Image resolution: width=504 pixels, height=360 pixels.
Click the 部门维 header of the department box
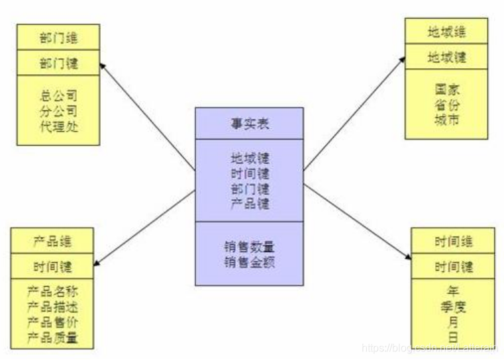tap(58, 36)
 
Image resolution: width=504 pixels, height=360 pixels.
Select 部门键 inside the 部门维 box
tap(58, 64)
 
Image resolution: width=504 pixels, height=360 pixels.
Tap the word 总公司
tap(58, 95)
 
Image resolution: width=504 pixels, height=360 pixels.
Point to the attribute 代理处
tap(58, 126)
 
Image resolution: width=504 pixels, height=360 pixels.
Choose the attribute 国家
tap(446, 89)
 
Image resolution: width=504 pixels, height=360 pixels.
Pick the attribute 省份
tap(446, 105)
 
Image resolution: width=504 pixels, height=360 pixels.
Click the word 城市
tap(446, 120)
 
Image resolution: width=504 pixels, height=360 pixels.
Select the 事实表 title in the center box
tap(249, 124)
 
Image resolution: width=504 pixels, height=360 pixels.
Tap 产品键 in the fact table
tap(249, 204)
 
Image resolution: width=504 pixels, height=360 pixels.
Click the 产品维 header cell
tap(52, 241)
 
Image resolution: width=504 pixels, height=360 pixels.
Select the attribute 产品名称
tap(52, 291)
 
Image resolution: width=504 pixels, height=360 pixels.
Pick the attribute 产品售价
tap(52, 322)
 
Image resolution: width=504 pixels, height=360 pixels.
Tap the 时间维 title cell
tap(453, 241)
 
